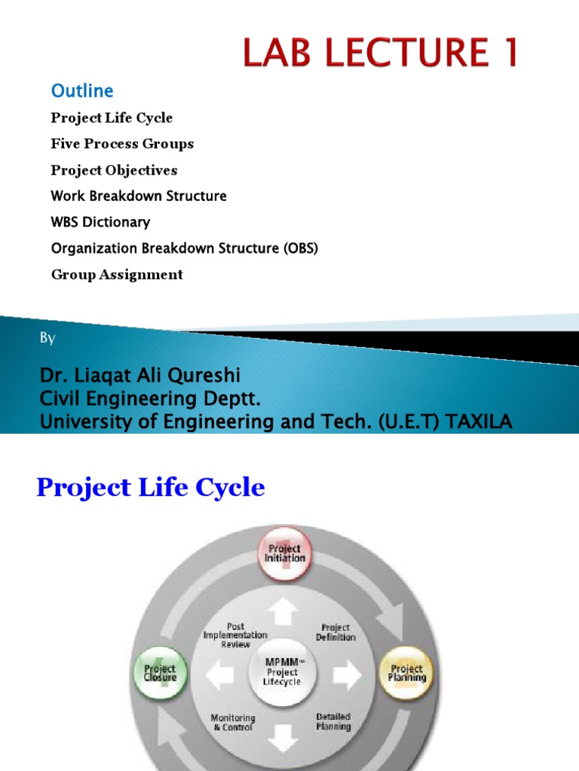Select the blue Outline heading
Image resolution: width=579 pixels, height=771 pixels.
point(82,91)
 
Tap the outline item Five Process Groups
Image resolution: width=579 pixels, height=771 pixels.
point(122,144)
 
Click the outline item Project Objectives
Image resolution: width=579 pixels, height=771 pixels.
point(114,170)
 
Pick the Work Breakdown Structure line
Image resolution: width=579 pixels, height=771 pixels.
point(139,196)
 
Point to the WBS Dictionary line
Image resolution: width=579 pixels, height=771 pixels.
point(100,222)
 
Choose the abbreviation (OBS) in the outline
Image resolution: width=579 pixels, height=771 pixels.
point(301,248)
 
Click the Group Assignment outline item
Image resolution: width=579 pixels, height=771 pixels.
point(117,275)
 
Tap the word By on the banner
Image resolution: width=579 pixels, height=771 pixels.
point(47,339)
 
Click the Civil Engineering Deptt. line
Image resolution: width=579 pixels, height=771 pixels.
point(150,399)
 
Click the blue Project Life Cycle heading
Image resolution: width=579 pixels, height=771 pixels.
point(151,488)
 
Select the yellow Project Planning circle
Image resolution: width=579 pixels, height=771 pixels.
point(406,671)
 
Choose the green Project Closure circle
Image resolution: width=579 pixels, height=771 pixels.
point(160,672)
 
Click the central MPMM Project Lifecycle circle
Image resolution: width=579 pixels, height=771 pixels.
point(283,672)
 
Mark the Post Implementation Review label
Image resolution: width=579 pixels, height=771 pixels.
point(235,635)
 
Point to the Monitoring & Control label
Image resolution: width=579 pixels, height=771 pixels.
point(233,723)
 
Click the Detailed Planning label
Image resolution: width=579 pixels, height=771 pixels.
point(332,721)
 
